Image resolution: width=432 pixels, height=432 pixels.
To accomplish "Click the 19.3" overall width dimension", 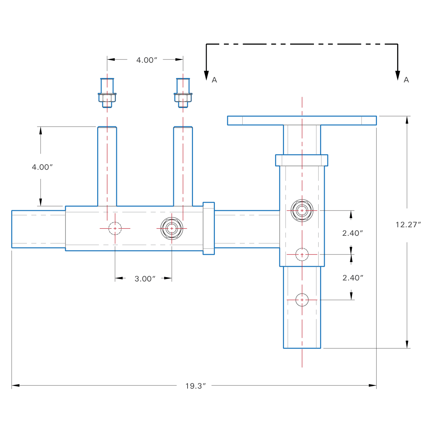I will [x=195, y=386].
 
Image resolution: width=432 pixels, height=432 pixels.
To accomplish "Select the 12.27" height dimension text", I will [x=408, y=225].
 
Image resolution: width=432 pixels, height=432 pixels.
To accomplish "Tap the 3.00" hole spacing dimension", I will [x=145, y=279].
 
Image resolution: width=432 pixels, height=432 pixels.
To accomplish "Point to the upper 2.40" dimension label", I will [x=352, y=233].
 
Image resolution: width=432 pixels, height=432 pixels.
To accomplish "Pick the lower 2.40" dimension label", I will [x=352, y=278].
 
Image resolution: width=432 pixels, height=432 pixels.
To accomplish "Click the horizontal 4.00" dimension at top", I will [x=147, y=60].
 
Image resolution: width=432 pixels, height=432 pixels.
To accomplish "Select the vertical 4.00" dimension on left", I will [x=42, y=167].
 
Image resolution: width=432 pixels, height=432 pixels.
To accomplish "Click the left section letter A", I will [x=215, y=80].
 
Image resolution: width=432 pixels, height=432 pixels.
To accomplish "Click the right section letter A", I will [x=406, y=80].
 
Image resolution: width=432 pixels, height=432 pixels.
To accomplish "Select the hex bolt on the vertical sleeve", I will [x=302, y=210].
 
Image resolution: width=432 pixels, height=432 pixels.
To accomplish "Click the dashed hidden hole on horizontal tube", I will [x=115, y=228].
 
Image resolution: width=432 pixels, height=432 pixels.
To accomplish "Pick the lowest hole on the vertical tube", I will [x=302, y=300].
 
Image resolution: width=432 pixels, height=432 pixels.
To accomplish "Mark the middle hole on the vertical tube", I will [x=302, y=255].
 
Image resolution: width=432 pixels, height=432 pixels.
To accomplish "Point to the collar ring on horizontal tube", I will [x=209, y=228].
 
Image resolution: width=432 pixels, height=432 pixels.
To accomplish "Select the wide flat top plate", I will [x=302, y=120].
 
